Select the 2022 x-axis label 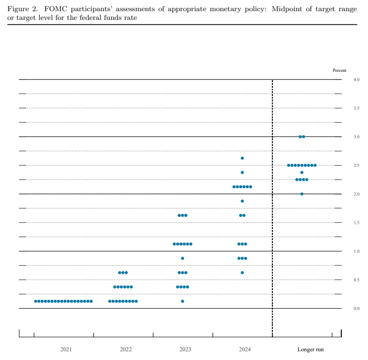[x=125, y=349]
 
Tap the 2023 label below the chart [x=185, y=349]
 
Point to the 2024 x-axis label [x=245, y=349]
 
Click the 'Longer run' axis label [x=310, y=349]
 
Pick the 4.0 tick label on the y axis [x=356, y=79]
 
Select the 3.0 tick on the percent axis [x=356, y=137]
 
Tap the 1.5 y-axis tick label [x=356, y=223]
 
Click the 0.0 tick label [x=356, y=309]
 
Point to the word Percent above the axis [x=339, y=70]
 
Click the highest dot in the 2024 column [x=242, y=158]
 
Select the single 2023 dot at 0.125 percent [x=183, y=301]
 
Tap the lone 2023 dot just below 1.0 [x=183, y=258]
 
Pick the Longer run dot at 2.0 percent [x=302, y=194]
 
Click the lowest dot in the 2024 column [x=242, y=273]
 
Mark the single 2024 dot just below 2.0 [x=242, y=201]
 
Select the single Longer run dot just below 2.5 [x=302, y=172]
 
